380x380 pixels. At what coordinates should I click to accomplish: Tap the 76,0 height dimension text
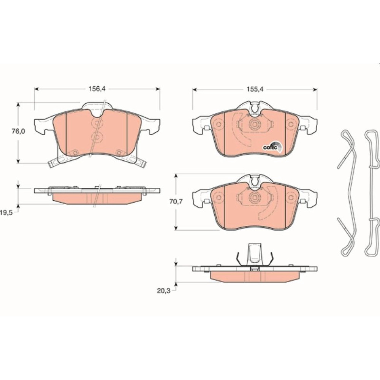[18, 131]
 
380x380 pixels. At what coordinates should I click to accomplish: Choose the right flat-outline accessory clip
[372, 193]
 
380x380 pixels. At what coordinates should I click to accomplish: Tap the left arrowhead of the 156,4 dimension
[36, 89]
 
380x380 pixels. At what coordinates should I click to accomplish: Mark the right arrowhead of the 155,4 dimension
[315, 90]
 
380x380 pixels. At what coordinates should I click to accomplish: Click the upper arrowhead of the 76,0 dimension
[18, 104]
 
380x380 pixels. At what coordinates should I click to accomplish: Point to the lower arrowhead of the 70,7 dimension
[176, 228]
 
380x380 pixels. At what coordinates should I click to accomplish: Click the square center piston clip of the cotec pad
[255, 124]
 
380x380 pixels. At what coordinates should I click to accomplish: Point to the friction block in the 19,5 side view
[97, 198]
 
